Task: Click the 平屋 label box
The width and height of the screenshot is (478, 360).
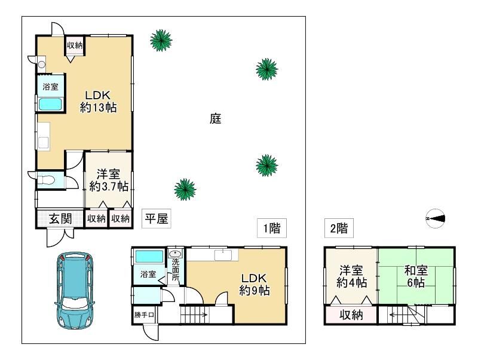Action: [x=156, y=218]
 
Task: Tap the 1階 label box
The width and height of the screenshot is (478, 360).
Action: [x=272, y=228]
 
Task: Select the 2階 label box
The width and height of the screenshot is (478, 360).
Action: [x=339, y=228]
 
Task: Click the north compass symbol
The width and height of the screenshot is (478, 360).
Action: [x=436, y=218]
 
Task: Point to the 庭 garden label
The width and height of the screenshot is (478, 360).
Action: [x=216, y=118]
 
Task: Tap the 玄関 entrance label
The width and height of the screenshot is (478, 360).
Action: [x=60, y=219]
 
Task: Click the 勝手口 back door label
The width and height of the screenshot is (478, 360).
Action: [x=144, y=315]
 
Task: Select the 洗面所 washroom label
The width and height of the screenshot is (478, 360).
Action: [x=176, y=270]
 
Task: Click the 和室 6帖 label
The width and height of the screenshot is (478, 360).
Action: [x=416, y=277]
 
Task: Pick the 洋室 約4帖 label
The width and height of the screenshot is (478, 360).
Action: [x=351, y=277]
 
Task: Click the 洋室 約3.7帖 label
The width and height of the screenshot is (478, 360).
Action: [x=109, y=181]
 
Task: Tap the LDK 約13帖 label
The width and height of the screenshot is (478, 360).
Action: [x=98, y=101]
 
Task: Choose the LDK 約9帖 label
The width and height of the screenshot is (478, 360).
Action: [x=254, y=284]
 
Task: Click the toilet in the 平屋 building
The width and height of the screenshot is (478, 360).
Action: [x=46, y=179]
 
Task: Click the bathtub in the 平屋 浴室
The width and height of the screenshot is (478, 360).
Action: [x=51, y=104]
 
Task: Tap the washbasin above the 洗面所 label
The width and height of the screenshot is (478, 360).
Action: [x=175, y=254]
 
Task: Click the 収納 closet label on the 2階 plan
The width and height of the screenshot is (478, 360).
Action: [x=351, y=315]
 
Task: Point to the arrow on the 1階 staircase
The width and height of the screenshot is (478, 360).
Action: [x=195, y=315]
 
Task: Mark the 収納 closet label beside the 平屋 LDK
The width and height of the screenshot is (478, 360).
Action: [x=74, y=45]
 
